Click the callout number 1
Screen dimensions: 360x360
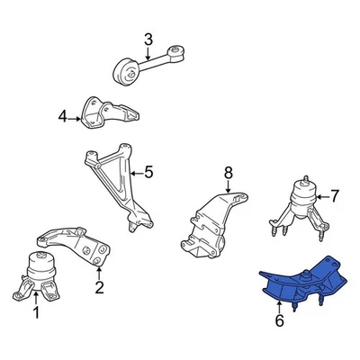pyautogui.click(x=37, y=313)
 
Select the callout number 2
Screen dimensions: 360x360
pyautogui.click(x=99, y=289)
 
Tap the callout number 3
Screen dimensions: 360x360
pyautogui.click(x=148, y=39)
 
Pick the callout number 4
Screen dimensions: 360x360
pyautogui.click(x=62, y=116)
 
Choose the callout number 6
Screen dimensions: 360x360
pyautogui.click(x=280, y=319)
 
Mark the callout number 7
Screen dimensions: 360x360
pyautogui.click(x=334, y=194)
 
